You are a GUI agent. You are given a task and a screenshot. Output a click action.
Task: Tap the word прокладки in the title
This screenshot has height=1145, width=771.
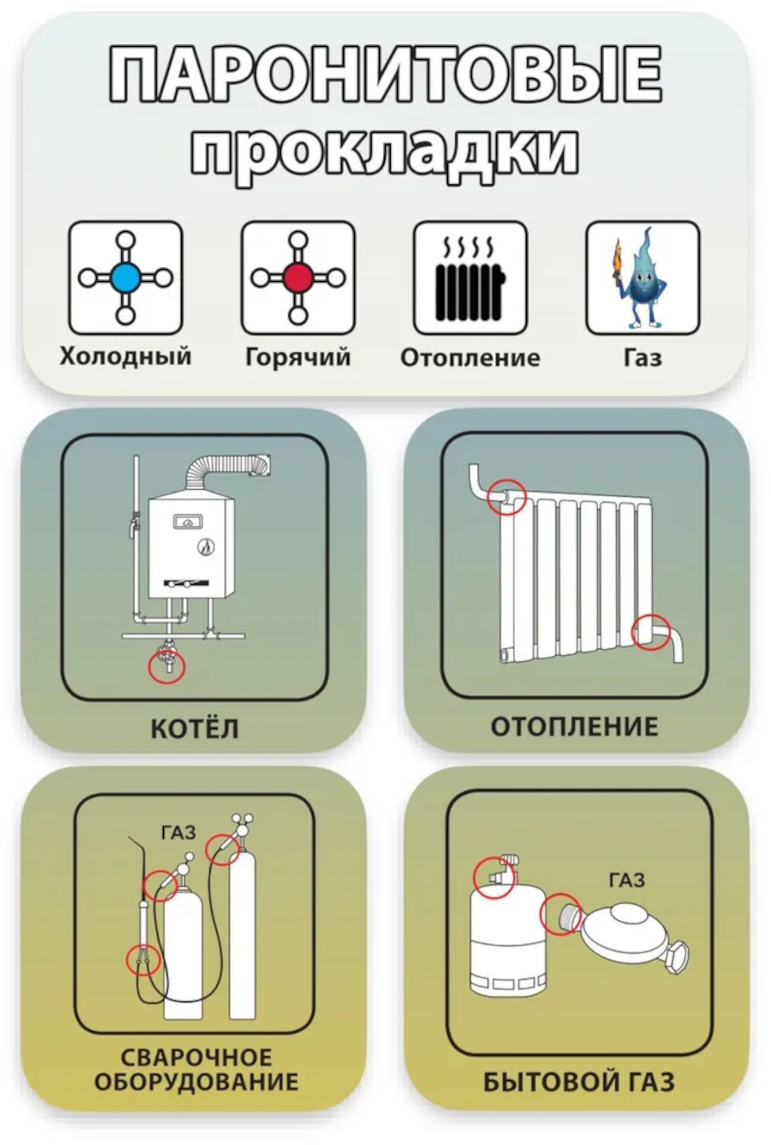click(x=385, y=153)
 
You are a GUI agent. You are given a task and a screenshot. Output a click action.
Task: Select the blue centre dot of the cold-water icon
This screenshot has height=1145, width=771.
click(x=125, y=278)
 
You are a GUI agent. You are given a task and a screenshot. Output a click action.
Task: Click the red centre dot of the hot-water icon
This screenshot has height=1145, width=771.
click(x=297, y=278)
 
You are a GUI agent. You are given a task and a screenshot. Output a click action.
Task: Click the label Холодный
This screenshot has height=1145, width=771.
click(x=125, y=356)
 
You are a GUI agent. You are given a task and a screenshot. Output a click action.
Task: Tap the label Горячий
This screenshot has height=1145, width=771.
click(x=297, y=356)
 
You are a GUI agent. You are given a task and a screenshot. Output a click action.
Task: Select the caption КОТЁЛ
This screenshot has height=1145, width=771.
click(x=194, y=729)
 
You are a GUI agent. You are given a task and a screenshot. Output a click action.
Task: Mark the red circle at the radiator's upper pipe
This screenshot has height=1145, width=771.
click(x=507, y=496)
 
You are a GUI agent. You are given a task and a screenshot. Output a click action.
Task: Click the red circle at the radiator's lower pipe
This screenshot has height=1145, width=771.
click(x=651, y=632)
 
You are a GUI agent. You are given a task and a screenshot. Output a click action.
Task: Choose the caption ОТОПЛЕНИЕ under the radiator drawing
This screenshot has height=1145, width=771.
click(x=575, y=727)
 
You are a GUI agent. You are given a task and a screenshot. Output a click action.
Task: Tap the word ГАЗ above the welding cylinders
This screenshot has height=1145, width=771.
click(x=178, y=833)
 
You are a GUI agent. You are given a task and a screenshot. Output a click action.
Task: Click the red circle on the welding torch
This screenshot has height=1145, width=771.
click(x=143, y=960)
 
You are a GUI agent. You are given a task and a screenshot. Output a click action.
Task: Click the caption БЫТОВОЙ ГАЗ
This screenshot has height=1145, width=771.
click(x=578, y=1082)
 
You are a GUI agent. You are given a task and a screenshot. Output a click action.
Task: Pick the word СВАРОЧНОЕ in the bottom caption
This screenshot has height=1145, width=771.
click(x=196, y=1057)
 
